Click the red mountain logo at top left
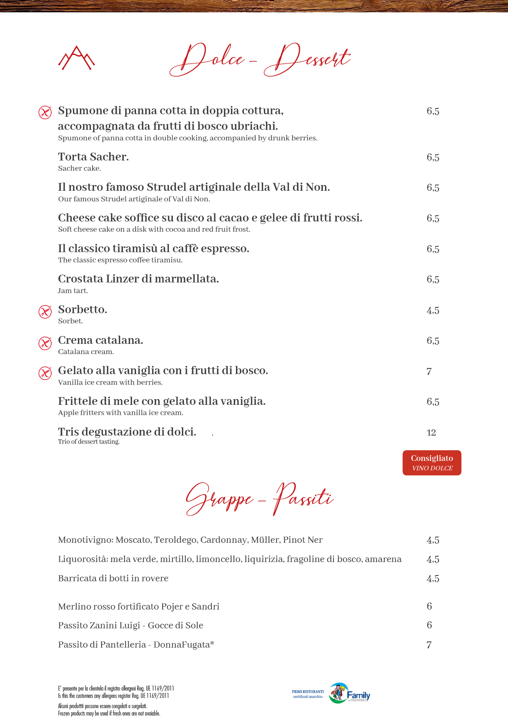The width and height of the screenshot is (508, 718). pyautogui.click(x=76, y=58)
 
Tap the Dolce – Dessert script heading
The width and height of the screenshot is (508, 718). pyautogui.click(x=260, y=60)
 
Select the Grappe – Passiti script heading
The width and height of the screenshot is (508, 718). pyautogui.click(x=260, y=499)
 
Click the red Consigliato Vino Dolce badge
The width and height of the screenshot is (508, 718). pyautogui.click(x=432, y=463)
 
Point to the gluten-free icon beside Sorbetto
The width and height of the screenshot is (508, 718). pyautogui.click(x=45, y=312)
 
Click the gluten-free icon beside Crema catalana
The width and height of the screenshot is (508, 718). pyautogui.click(x=45, y=343)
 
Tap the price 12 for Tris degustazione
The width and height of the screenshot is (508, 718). pyautogui.click(x=431, y=433)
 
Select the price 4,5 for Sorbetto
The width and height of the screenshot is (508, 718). pyautogui.click(x=433, y=310)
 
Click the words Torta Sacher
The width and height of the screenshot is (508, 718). pyautogui.click(x=93, y=157)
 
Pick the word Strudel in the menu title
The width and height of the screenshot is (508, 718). pyautogui.click(x=168, y=187)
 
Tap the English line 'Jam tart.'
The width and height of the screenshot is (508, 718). pyautogui.click(x=73, y=291)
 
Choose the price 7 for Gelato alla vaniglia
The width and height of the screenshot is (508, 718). pyautogui.click(x=429, y=371)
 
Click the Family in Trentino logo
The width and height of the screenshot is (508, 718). pyautogui.click(x=349, y=693)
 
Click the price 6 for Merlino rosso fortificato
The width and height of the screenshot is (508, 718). pyautogui.click(x=429, y=606)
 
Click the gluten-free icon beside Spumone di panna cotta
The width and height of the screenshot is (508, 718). pyautogui.click(x=45, y=112)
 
